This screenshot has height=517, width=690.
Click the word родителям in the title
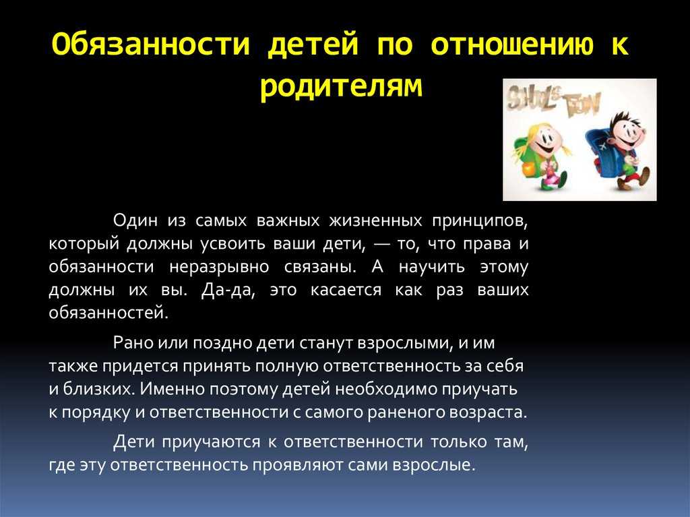click(341, 87)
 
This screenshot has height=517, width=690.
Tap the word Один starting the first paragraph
click(135, 220)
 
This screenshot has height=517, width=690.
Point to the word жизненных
click(375, 220)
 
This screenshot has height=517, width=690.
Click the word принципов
click(480, 220)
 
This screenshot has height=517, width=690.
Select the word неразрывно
click(219, 268)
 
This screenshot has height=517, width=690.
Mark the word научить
click(432, 268)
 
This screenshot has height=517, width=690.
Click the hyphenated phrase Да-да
click(228, 291)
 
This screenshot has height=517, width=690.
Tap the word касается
click(346, 291)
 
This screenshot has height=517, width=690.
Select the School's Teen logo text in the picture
click(553, 101)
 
